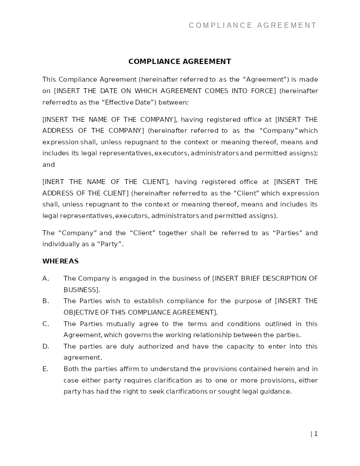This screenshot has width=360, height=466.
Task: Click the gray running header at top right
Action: [253, 26]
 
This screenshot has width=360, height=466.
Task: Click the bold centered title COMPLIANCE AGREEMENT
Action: [180, 62]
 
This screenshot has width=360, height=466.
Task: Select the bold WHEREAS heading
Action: [60, 261]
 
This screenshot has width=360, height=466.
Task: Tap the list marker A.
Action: [45, 278]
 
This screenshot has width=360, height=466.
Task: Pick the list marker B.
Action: [45, 301]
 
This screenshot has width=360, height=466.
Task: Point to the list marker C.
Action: [45, 324]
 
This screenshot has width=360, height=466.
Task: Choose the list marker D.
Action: [45, 346]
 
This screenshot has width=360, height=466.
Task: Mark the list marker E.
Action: [45, 369]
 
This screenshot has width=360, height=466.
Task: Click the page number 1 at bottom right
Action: [315, 434]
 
